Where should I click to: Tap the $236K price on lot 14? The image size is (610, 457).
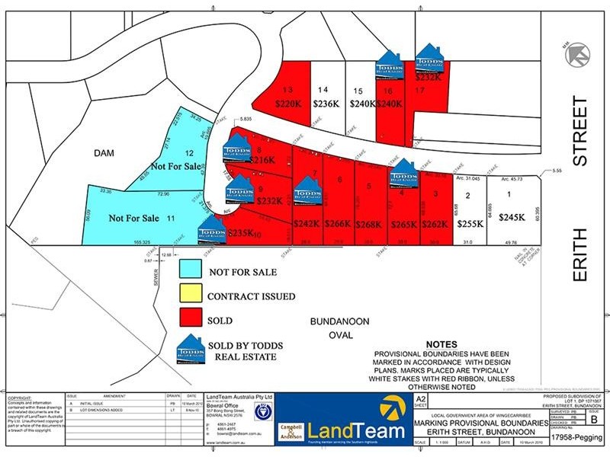[326, 104]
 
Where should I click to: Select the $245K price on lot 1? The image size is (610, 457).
[512, 218]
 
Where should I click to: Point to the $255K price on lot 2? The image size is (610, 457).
[469, 224]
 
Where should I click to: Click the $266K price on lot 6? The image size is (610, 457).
[338, 224]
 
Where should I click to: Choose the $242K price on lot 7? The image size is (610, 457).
[307, 224]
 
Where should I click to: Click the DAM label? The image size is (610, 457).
[104, 153]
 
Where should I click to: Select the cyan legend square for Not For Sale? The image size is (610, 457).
[190, 270]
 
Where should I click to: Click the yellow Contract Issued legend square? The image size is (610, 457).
[190, 296]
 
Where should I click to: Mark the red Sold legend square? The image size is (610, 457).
[190, 321]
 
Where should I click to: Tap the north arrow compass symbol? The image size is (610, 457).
[578, 53]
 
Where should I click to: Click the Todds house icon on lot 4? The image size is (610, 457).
[403, 174]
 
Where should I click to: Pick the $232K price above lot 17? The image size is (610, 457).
[429, 77]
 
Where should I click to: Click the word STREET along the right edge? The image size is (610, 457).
[581, 131]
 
